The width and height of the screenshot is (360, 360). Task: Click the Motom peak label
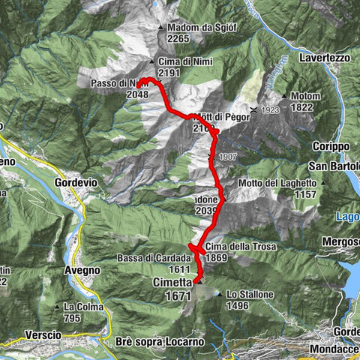pyautogui.click(x=307, y=96)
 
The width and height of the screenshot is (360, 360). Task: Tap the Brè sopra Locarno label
pyautogui.click(x=160, y=342)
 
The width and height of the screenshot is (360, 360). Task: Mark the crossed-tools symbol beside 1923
pyautogui.click(x=254, y=110)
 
